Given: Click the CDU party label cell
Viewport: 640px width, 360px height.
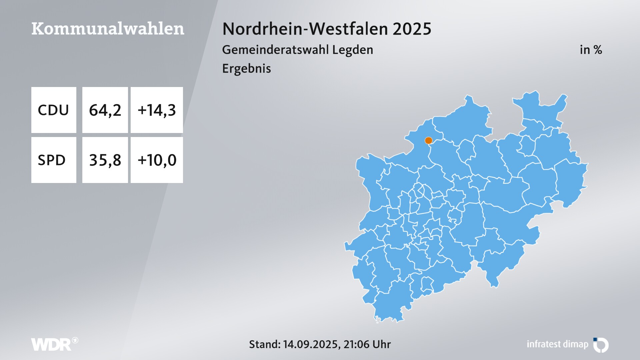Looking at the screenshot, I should point(53,110).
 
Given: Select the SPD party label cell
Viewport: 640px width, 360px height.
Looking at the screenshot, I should point(53,160).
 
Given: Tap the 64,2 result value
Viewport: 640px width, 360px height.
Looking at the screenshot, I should point(105,110).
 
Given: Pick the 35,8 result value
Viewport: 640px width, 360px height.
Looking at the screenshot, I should point(105,160).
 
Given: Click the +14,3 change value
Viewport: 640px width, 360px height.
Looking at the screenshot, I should point(157,110).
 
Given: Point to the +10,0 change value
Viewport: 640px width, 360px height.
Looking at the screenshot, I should point(157,160).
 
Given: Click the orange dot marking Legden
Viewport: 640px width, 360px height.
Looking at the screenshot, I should point(428,141).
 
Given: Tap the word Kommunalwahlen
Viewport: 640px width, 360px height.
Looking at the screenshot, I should point(108,29).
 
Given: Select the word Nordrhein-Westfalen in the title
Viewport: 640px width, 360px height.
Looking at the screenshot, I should point(305,29).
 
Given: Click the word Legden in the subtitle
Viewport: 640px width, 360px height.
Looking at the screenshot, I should point(353,50).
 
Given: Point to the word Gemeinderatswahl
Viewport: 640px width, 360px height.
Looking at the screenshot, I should point(275,50).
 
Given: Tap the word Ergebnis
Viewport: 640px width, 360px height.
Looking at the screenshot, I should point(246,69).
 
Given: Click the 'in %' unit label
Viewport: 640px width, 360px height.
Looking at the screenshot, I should point(591,50).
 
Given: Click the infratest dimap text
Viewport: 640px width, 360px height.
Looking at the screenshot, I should point(557,344).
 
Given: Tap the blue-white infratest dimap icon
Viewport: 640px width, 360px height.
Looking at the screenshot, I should point(601,345).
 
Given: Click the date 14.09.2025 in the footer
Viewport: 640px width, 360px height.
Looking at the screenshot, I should point(311,344).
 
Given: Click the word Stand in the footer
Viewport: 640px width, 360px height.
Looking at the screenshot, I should point(264,344).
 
